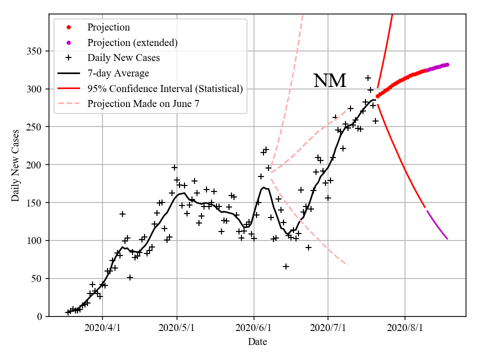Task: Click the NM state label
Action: pos(329,81)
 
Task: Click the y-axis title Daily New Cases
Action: pos(15,164)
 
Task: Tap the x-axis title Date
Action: pos(257,342)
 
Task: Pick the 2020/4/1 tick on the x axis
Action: pos(102,328)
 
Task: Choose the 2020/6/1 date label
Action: pos(254,328)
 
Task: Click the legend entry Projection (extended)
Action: pos(132,42)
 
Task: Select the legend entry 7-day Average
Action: pos(118,73)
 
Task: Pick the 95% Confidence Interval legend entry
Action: pos(165,89)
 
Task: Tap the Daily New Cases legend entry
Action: pos(123,58)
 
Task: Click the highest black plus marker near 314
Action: pos(368,78)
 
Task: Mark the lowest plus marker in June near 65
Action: pos(286,266)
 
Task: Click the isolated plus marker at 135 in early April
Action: pos(122,214)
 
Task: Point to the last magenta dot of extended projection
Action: pos(447,64)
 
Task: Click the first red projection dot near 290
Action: pos(377,96)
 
